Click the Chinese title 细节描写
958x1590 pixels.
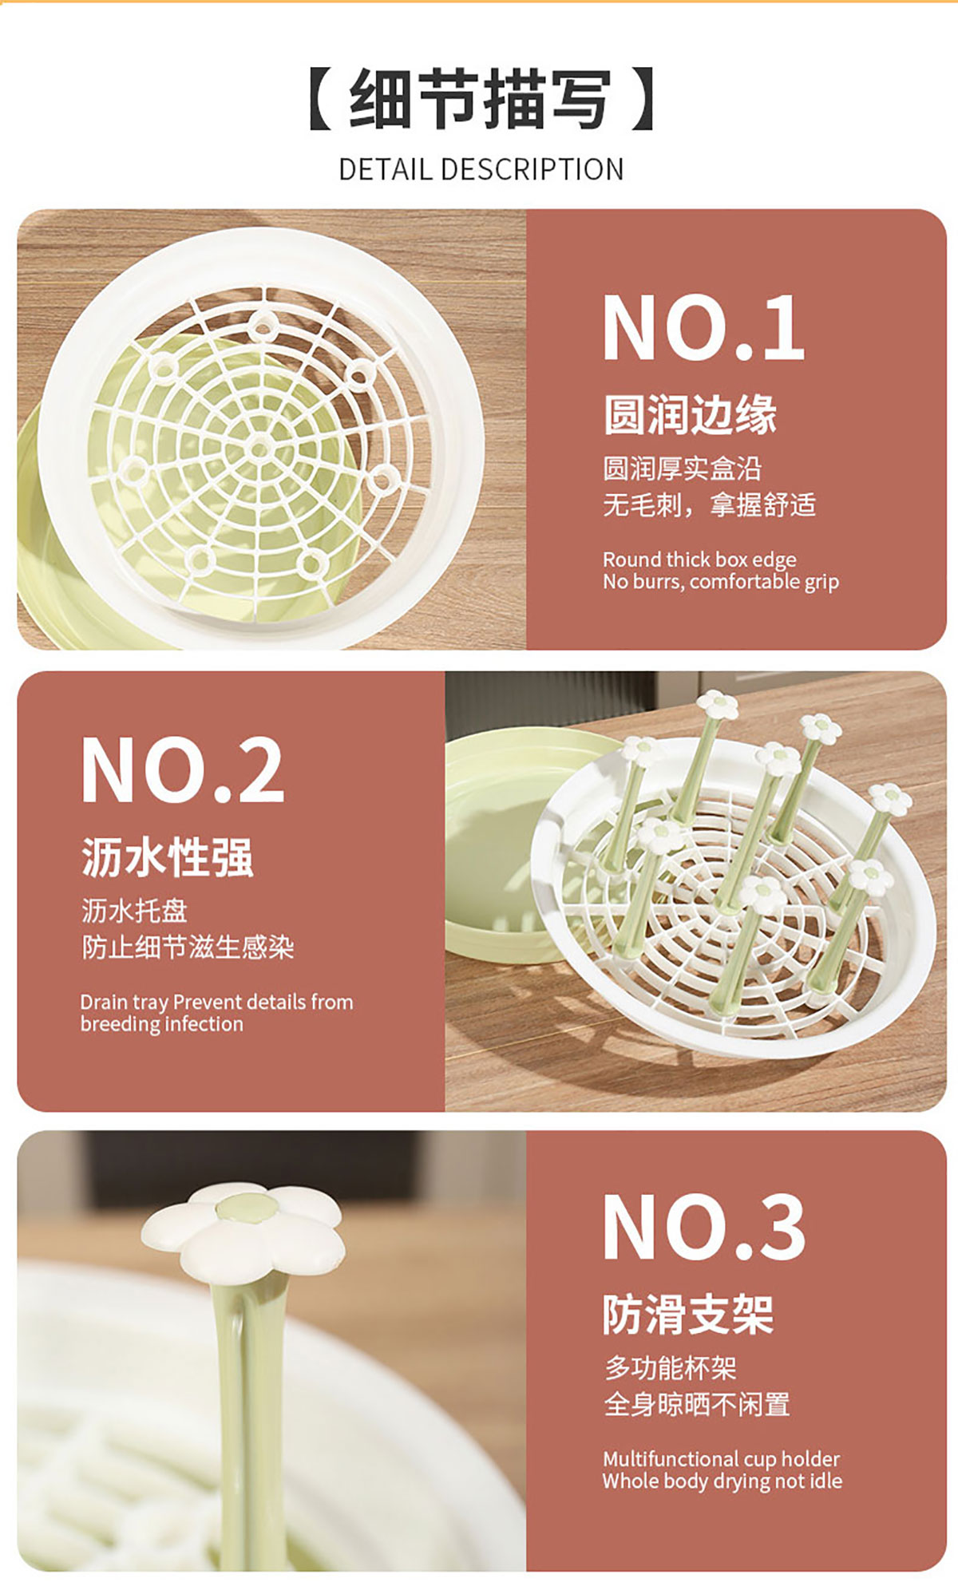[480, 99]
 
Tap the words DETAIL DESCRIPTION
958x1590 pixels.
[481, 169]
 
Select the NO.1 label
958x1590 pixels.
[703, 327]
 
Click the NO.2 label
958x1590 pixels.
[182, 769]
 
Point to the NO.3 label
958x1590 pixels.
[703, 1227]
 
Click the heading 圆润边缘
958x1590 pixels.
[690, 414]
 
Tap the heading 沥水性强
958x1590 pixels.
[168, 857]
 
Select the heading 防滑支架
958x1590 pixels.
[688, 1314]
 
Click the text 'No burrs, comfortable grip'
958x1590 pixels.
[721, 582]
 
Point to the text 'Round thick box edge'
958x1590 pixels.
[699, 559]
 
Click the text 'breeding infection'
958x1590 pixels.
[162, 1024]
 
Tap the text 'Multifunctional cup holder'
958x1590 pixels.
[722, 1458]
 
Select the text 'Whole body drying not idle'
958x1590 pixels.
[722, 1481]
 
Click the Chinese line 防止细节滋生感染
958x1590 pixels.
[188, 947]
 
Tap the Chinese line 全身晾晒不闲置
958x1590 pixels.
[697, 1404]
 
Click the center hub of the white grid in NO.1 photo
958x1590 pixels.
[259, 449]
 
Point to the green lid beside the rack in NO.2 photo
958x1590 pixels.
[511, 846]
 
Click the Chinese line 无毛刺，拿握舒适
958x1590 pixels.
[709, 504]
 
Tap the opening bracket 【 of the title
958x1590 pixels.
[321, 99]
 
